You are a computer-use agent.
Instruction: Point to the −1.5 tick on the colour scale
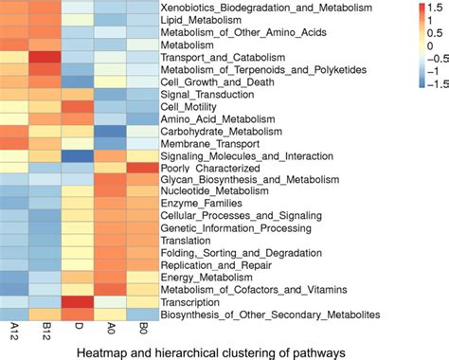[424, 83]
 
